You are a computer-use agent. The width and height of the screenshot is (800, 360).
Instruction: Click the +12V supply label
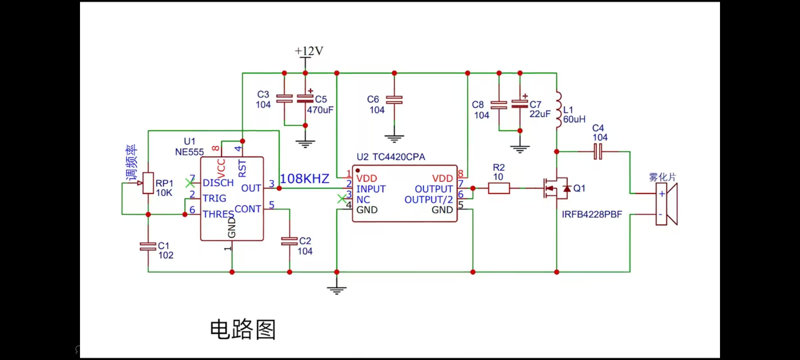(309, 51)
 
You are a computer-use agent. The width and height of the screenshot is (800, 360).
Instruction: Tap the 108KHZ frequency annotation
(304, 179)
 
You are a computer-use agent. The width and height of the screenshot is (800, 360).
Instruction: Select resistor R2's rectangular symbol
(499, 188)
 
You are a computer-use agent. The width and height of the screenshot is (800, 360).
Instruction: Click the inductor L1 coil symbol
(558, 110)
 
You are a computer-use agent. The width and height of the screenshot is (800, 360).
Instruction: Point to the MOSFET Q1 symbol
(556, 188)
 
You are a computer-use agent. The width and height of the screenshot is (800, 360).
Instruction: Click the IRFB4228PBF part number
(592, 214)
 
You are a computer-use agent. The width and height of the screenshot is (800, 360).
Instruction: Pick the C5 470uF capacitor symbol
(305, 99)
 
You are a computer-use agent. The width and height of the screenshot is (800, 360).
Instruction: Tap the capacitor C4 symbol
(598, 152)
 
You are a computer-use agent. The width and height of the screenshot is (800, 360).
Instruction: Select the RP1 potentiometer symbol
(148, 183)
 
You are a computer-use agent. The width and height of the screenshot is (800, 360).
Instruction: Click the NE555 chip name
(189, 152)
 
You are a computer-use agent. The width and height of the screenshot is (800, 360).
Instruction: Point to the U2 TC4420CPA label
(391, 157)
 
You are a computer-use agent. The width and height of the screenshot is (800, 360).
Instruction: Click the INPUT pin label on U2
(371, 189)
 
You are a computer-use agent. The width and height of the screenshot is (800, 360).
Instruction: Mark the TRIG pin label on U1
(214, 198)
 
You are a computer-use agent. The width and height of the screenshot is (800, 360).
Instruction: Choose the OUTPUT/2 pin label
(428, 200)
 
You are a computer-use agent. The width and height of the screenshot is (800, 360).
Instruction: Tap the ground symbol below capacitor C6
(394, 138)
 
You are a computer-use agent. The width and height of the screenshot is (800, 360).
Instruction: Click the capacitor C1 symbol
(148, 246)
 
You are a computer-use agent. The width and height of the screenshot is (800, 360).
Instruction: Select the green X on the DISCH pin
(190, 183)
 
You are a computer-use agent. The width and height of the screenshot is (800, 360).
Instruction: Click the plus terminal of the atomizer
(662, 194)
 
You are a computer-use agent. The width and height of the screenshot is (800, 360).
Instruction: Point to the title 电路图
(243, 329)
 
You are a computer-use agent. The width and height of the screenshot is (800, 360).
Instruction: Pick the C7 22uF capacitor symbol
(520, 104)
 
